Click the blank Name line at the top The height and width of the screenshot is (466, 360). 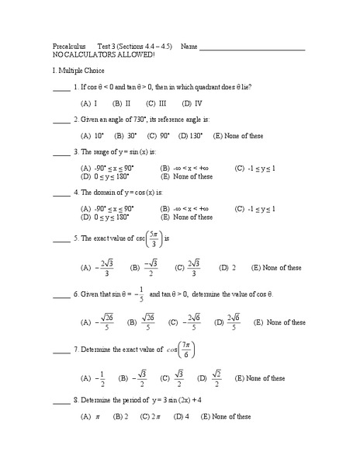point(252,50)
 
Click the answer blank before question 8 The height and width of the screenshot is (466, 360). point(61,402)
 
